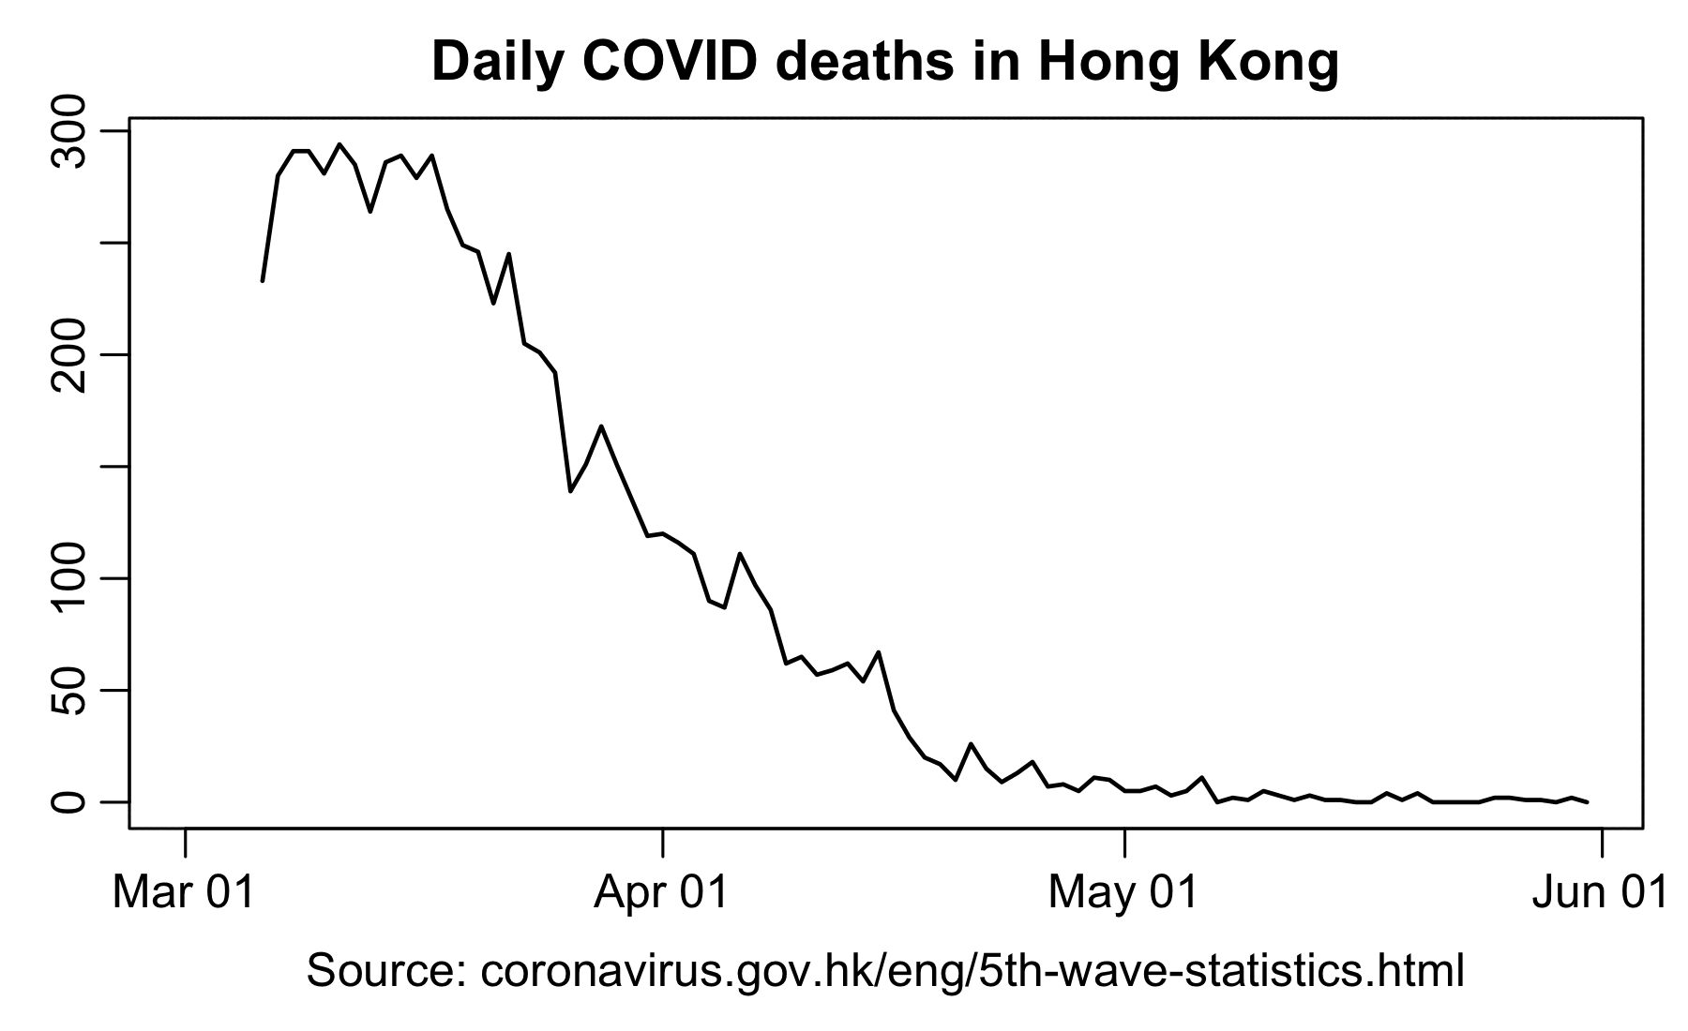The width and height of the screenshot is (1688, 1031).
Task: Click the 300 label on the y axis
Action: (x=69, y=130)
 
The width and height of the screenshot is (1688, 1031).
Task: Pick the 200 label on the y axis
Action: (x=69, y=354)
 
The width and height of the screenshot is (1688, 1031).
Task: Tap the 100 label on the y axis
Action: (x=69, y=578)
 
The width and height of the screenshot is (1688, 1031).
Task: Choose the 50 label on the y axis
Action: (x=69, y=690)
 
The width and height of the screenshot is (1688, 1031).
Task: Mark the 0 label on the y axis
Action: (x=69, y=802)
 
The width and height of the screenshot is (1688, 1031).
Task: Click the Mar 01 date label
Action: (x=184, y=891)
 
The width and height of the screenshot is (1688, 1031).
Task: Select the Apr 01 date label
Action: (x=662, y=891)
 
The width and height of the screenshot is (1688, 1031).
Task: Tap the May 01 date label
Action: (x=1123, y=891)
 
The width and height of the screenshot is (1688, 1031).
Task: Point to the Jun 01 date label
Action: (x=1601, y=891)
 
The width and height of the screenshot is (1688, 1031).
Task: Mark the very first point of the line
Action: (x=263, y=280)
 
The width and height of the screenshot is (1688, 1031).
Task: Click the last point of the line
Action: (x=1587, y=802)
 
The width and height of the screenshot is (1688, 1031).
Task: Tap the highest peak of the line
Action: (x=339, y=144)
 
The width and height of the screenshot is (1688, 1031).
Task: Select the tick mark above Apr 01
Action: (x=663, y=842)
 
